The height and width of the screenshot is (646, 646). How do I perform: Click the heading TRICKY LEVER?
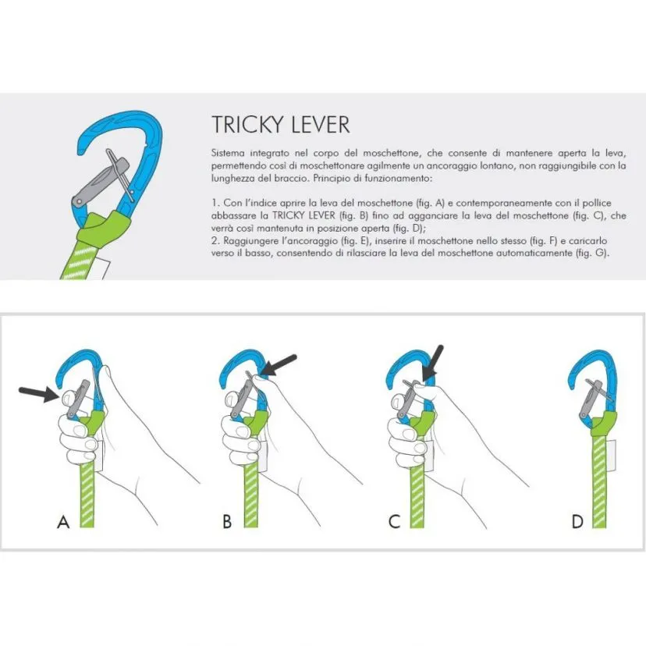coord(280,124)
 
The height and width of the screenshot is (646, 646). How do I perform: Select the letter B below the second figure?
coord(227,522)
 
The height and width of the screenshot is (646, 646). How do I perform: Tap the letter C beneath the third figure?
coord(395,522)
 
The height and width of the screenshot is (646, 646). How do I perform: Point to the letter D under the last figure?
coord(577,522)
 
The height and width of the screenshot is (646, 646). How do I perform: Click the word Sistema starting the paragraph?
coord(228,154)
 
